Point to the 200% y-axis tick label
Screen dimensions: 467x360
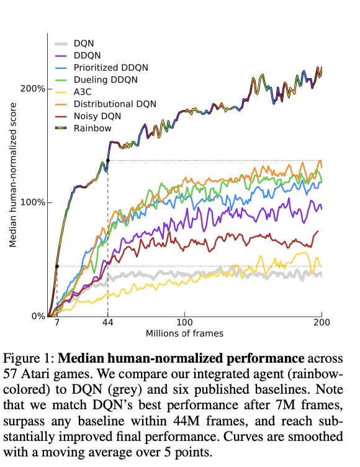[x=33, y=88]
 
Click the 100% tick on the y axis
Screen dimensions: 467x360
[x=33, y=202]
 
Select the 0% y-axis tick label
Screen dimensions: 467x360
[x=37, y=316]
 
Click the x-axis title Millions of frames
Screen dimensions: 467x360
[x=184, y=333]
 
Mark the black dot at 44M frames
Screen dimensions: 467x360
[x=108, y=161]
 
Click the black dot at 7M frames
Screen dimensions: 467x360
[x=56, y=266]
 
